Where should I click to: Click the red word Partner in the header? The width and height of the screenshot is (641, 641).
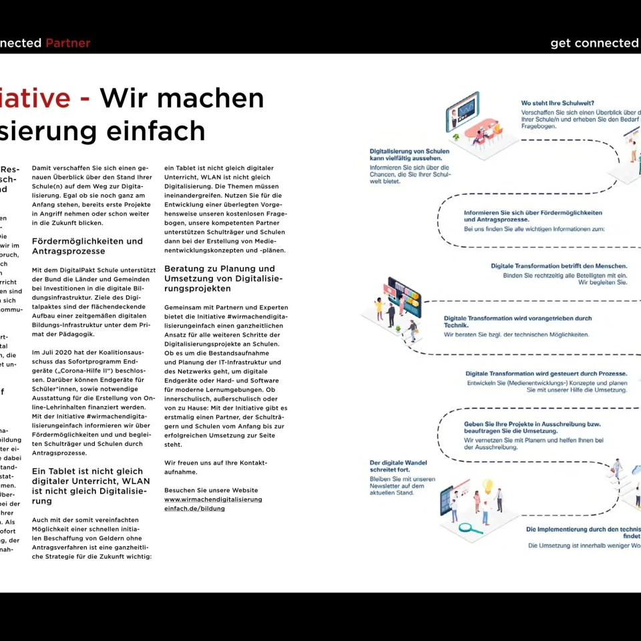coord(67,43)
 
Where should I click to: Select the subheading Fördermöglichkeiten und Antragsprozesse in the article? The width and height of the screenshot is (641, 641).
coord(87,246)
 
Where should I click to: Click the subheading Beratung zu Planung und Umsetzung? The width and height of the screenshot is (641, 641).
coord(223,278)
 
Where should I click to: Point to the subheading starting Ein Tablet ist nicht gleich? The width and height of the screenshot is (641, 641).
coord(91,485)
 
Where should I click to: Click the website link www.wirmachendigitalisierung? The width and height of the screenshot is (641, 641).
coord(213,499)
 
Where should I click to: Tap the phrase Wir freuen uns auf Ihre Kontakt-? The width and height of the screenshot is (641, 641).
coord(216,462)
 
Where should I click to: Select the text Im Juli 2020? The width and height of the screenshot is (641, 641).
coord(56,351)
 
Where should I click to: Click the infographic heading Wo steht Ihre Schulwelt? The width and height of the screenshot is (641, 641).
coord(558,103)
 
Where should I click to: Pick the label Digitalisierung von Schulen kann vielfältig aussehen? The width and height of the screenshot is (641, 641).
coord(409,155)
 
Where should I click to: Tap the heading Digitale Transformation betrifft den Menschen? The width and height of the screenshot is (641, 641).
coord(559,266)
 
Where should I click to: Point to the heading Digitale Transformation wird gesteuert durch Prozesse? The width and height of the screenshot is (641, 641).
coord(546,373)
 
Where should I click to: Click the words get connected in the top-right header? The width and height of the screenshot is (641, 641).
coord(594,43)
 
